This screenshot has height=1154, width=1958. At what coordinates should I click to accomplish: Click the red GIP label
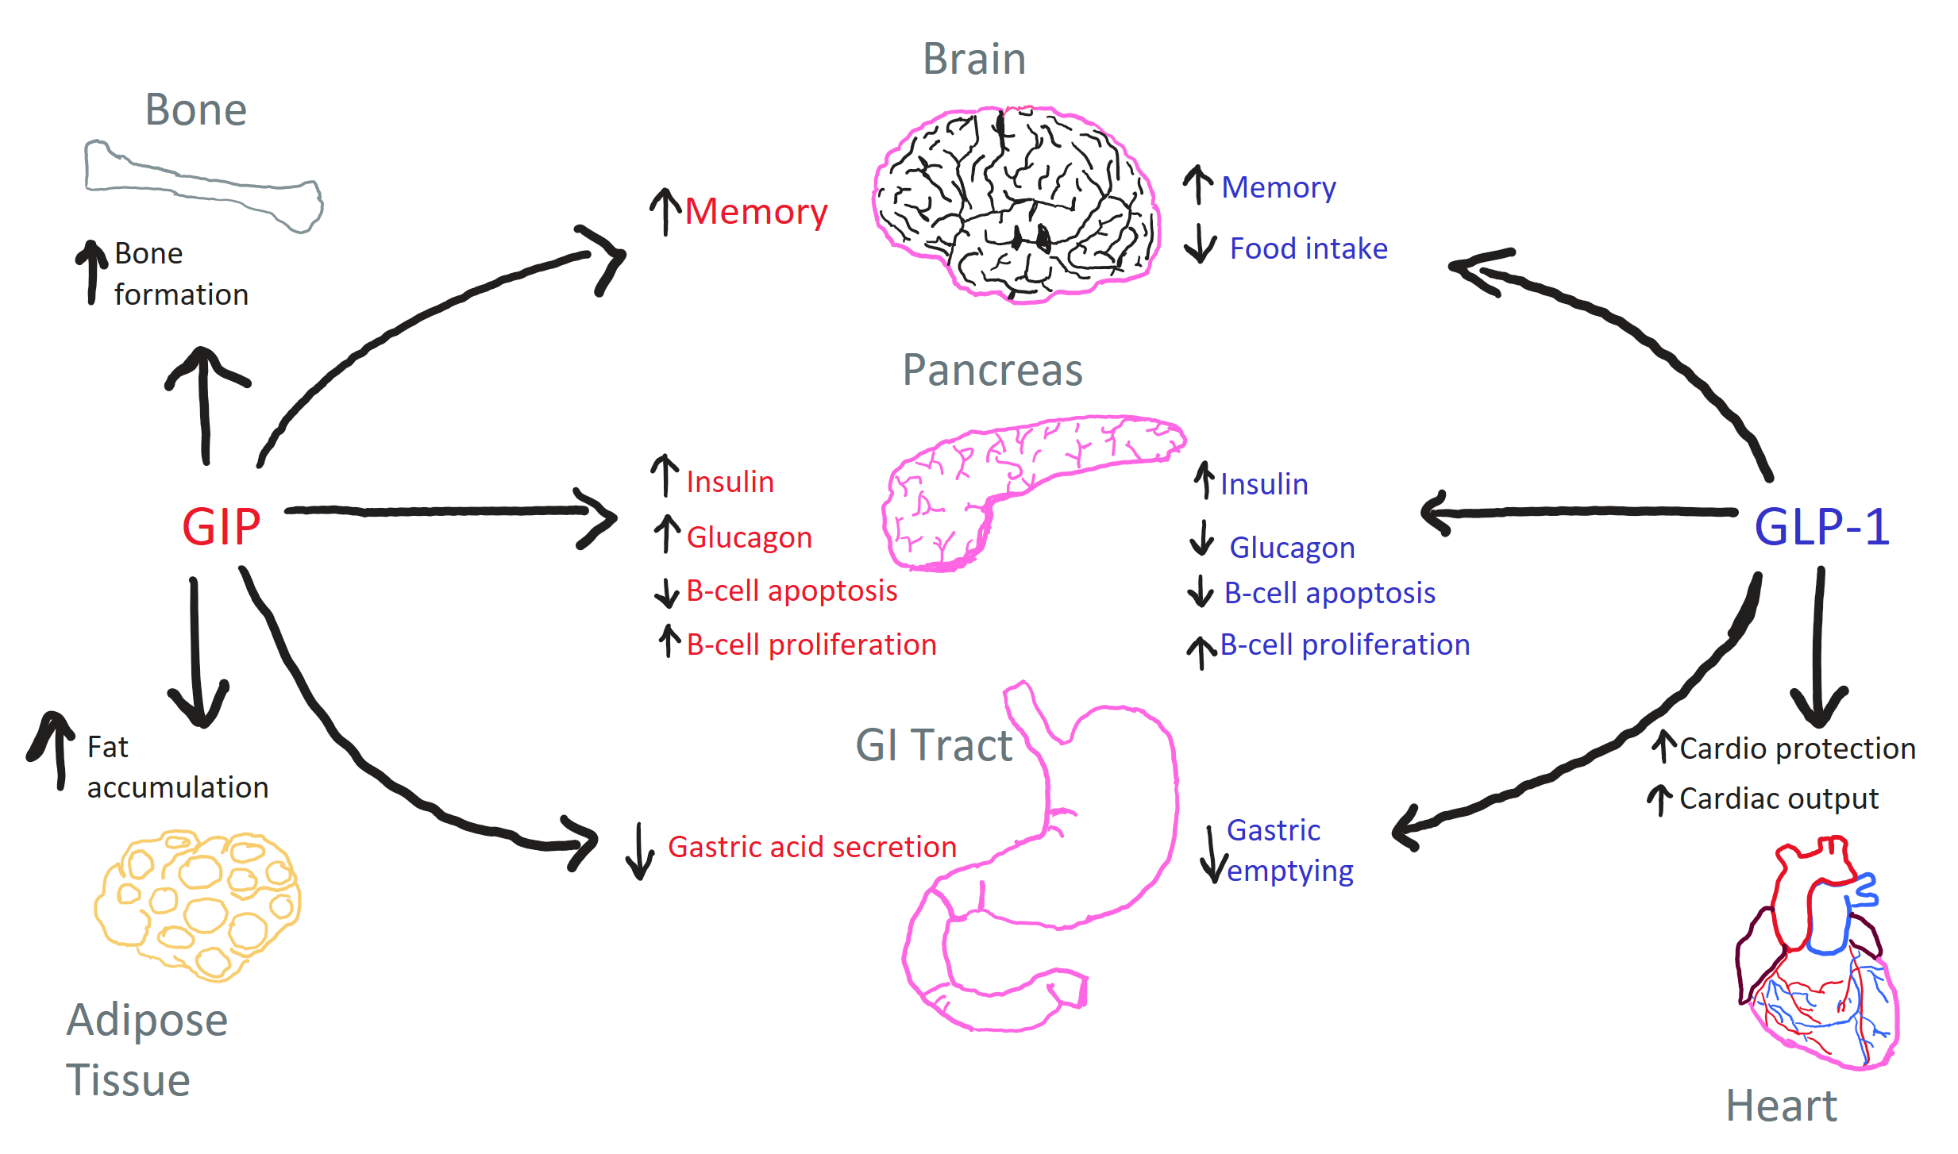pyautogui.click(x=222, y=526)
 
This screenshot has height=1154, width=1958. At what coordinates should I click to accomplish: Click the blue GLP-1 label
pyautogui.click(x=1821, y=527)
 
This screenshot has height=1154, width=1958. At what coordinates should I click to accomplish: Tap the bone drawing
pyautogui.click(x=202, y=186)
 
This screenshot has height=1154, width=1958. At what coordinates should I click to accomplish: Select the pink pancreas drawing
pyautogui.click(x=1024, y=484)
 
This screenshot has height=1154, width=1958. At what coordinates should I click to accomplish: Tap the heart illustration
pyautogui.click(x=1818, y=960)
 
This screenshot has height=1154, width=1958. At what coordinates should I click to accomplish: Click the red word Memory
pyautogui.click(x=756, y=212)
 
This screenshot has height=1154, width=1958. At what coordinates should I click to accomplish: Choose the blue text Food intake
pyautogui.click(x=1309, y=249)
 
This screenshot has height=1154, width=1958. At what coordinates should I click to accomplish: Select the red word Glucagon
pyautogui.click(x=749, y=538)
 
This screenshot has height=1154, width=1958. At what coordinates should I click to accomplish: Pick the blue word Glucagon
pyautogui.click(x=1292, y=548)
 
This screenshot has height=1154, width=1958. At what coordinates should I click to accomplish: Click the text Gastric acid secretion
pyautogui.click(x=812, y=848)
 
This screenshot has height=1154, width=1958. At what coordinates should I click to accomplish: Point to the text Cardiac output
pyautogui.click(x=1779, y=798)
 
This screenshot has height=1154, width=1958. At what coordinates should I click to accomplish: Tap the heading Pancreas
pyautogui.click(x=992, y=371)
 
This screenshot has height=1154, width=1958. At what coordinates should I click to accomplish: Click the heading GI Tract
pyautogui.click(x=934, y=746)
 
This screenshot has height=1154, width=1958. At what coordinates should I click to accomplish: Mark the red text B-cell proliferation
pyautogui.click(x=811, y=645)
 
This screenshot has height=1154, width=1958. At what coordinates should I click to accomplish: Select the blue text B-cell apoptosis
pyautogui.click(x=1330, y=594)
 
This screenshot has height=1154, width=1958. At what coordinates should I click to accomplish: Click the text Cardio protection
pyautogui.click(x=1798, y=749)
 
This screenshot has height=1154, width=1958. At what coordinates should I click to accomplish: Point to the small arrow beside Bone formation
pyautogui.click(x=92, y=272)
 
